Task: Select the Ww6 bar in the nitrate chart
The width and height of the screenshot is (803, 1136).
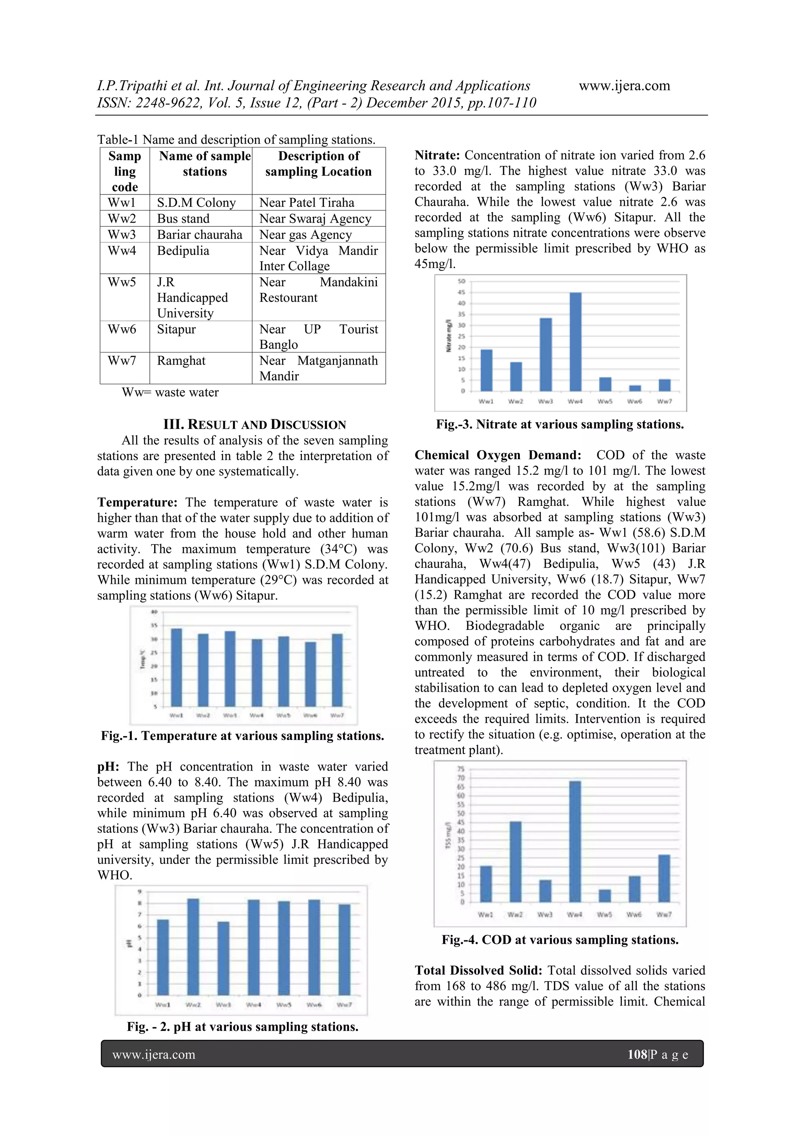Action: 635,388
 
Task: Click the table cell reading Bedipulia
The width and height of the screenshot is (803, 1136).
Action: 183,251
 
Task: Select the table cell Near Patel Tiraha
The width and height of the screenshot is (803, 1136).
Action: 307,202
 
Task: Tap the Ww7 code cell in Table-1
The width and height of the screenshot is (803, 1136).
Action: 122,361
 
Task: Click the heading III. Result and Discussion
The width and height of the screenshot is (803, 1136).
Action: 254,425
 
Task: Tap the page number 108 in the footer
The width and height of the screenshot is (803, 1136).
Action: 637,1054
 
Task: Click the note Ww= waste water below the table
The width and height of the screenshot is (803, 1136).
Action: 170,393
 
